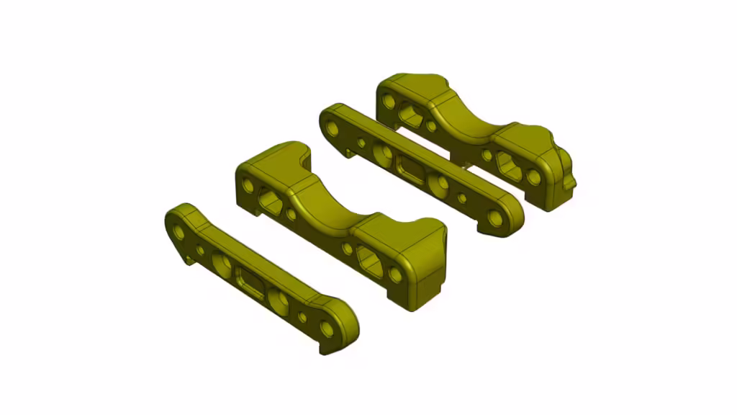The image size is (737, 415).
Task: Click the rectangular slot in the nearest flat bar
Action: click(251, 282)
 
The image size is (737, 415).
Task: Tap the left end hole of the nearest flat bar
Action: click(178, 232)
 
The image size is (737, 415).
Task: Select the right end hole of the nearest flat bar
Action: click(327, 329)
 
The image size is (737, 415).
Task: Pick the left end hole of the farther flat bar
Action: click(333, 128)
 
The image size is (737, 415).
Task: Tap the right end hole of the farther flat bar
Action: click(494, 218)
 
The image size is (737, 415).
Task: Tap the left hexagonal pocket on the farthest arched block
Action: click(410, 115)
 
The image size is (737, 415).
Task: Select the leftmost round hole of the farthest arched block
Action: click(389, 101)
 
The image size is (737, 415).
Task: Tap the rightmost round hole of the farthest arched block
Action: click(533, 177)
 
